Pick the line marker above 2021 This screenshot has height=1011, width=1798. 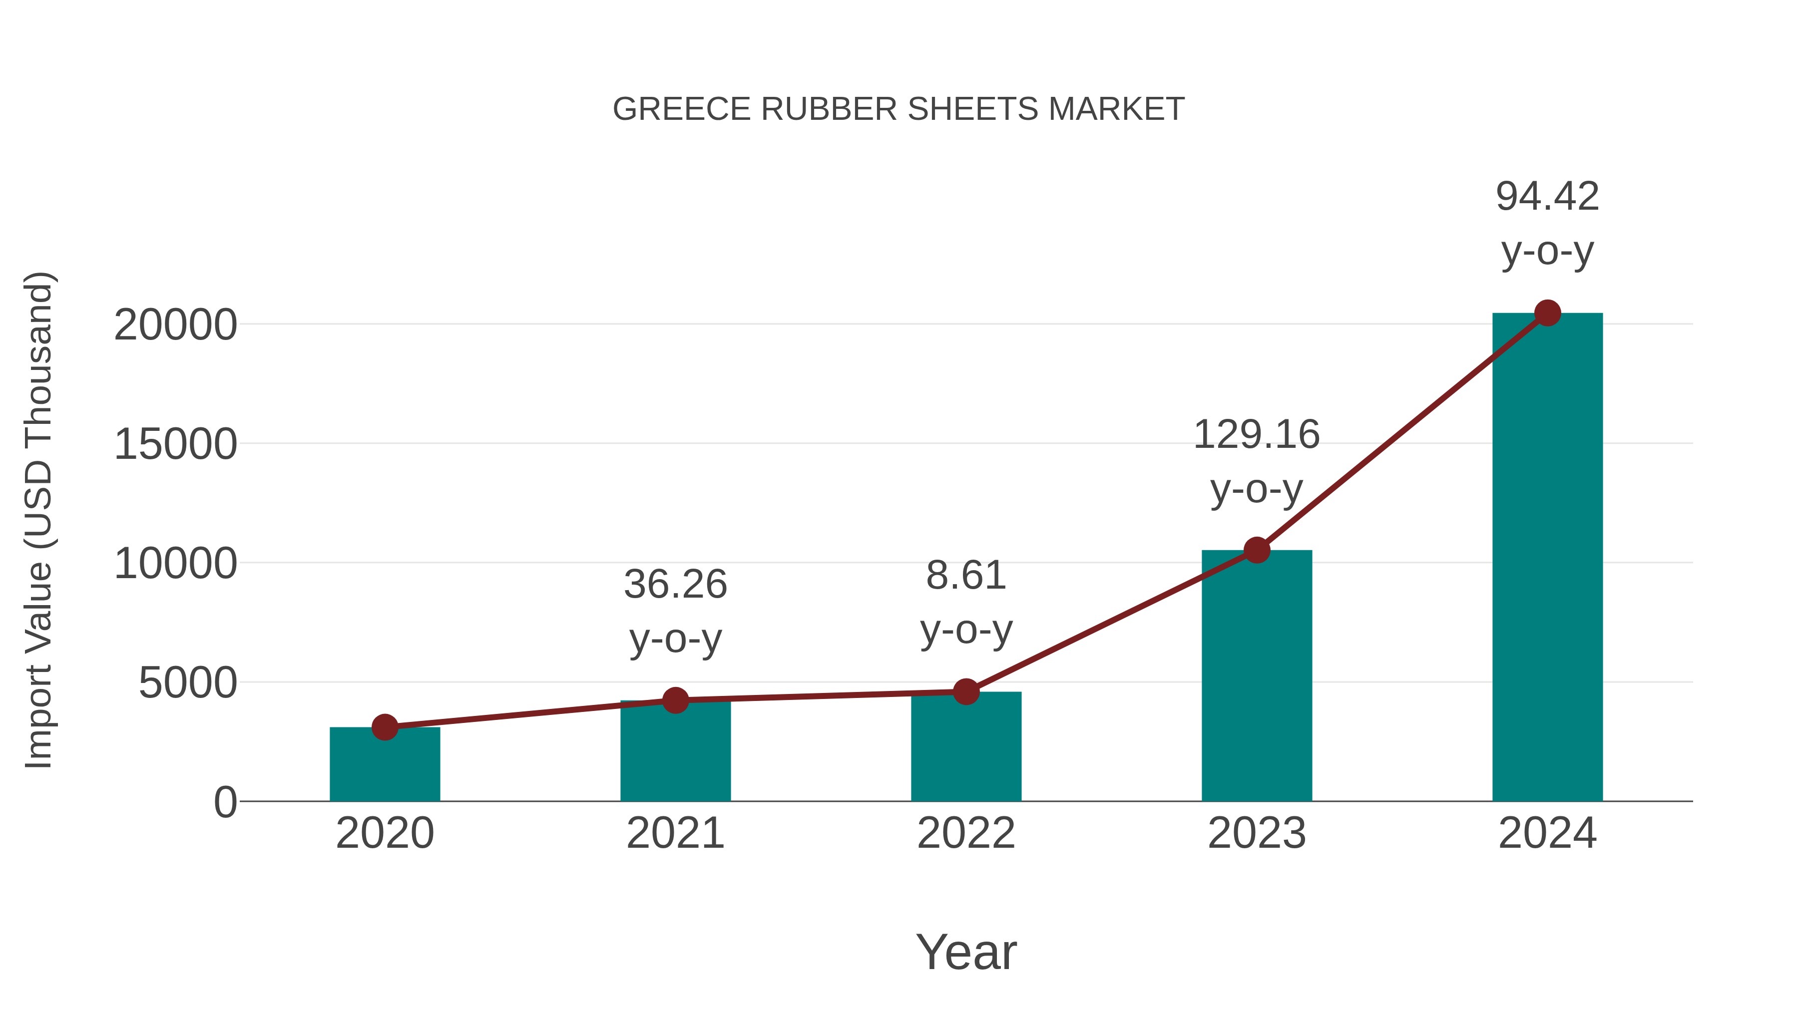pos(676,700)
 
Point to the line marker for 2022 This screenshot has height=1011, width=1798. pos(966,691)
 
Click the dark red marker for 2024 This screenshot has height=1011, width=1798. pos(1547,313)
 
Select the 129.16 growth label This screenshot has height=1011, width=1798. pos(1257,435)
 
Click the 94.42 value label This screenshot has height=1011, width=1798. pos(1547,196)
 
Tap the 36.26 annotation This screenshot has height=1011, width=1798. pos(676,584)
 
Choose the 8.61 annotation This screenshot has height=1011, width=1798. pos(966,576)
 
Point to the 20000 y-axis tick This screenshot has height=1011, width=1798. pos(175,325)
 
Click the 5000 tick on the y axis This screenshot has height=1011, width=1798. pos(188,683)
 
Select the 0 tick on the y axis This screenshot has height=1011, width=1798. pos(225,802)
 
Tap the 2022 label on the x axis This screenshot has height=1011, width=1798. pos(966,833)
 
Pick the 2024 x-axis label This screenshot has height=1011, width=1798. pos(1547,833)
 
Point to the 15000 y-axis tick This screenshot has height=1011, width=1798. pos(175,444)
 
